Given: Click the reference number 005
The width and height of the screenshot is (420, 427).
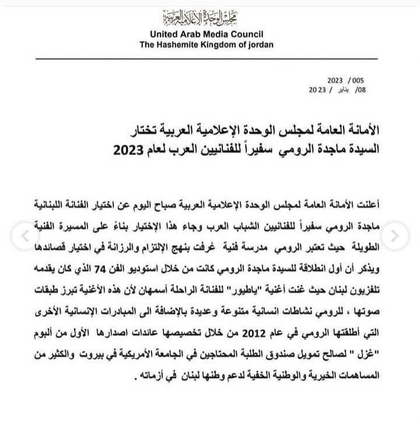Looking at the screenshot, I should [357, 80].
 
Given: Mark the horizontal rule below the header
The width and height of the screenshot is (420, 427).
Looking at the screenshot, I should [210, 59].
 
